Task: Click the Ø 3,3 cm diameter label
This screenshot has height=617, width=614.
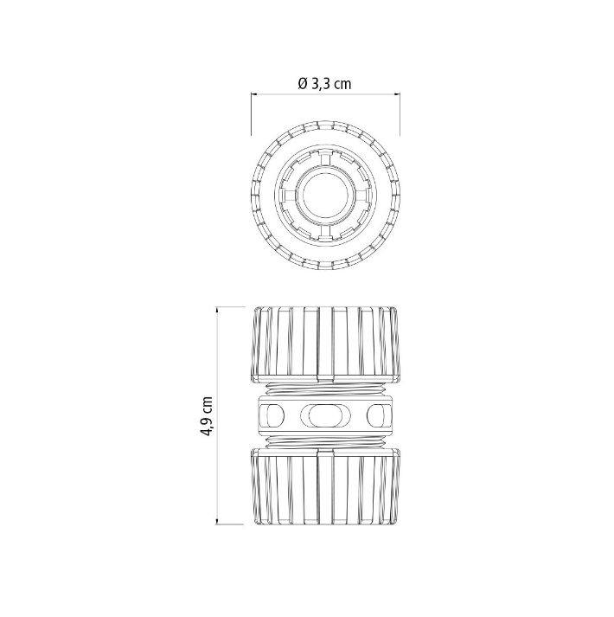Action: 324,84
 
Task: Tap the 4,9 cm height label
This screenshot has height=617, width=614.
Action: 206,416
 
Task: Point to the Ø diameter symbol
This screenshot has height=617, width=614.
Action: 303,84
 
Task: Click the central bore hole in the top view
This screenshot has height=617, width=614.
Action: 326,196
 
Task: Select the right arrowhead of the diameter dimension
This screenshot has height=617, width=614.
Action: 397,94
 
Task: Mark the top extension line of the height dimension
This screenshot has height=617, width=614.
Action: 230,306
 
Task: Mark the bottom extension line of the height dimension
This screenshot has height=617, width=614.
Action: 230,524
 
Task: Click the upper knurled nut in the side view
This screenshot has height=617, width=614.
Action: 326,344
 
